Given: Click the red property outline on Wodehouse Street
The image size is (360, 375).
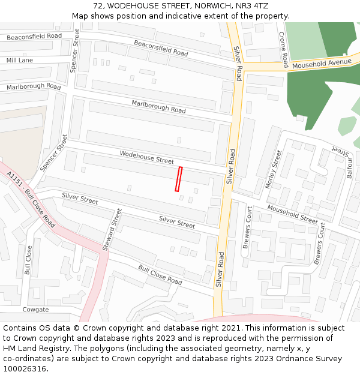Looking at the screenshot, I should pyautogui.click(x=178, y=179).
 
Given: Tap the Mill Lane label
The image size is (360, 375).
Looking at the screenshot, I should pyautogui.click(x=20, y=61).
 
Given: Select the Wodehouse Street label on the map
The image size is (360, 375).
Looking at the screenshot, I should pyautogui.click(x=146, y=157).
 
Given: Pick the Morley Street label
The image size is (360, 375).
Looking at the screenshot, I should pyautogui.click(x=273, y=170).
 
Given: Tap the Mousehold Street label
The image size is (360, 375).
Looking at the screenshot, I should pyautogui.click(x=292, y=214).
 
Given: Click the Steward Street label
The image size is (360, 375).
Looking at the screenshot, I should pyautogui.click(x=112, y=229).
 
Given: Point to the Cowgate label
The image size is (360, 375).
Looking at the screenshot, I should pyautogui.click(x=35, y=310).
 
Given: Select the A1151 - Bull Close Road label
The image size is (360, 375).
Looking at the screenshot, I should pyautogui.click(x=31, y=200).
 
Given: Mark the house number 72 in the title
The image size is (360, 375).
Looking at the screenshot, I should pyautogui.click(x=98, y=5).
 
